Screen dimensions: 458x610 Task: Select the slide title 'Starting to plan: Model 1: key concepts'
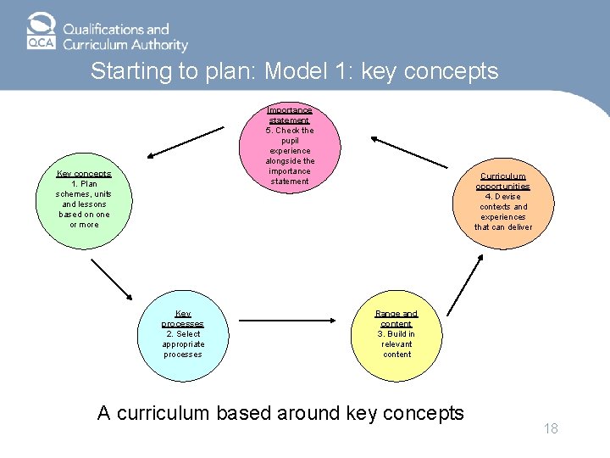(x=294, y=71)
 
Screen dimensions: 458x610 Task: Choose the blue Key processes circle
(x=183, y=334)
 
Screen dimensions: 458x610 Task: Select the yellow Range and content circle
(x=396, y=334)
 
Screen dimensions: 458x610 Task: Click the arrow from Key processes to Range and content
(x=293, y=322)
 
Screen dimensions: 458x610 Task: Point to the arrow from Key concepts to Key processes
(x=112, y=280)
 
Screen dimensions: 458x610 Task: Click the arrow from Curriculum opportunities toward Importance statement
(x=414, y=150)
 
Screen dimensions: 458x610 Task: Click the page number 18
(x=551, y=429)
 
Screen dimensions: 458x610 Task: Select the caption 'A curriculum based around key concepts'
(x=280, y=413)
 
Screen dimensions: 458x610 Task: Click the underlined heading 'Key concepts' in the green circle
(x=84, y=174)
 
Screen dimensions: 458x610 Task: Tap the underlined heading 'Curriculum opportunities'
(x=502, y=182)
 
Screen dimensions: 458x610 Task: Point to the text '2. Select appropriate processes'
(x=183, y=344)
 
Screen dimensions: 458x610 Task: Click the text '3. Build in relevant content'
(x=396, y=344)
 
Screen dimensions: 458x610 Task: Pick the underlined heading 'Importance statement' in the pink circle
(x=290, y=115)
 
